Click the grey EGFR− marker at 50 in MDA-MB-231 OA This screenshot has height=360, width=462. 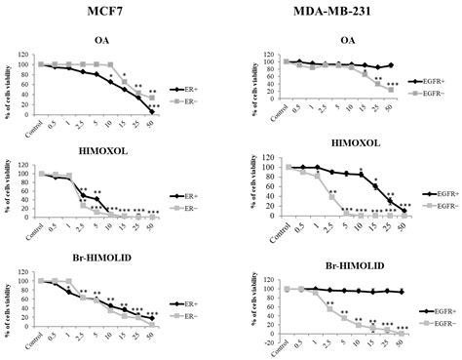(x=391, y=90)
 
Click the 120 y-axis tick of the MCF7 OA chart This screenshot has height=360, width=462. (x=28, y=57)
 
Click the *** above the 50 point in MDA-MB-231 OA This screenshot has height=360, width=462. (x=393, y=84)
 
